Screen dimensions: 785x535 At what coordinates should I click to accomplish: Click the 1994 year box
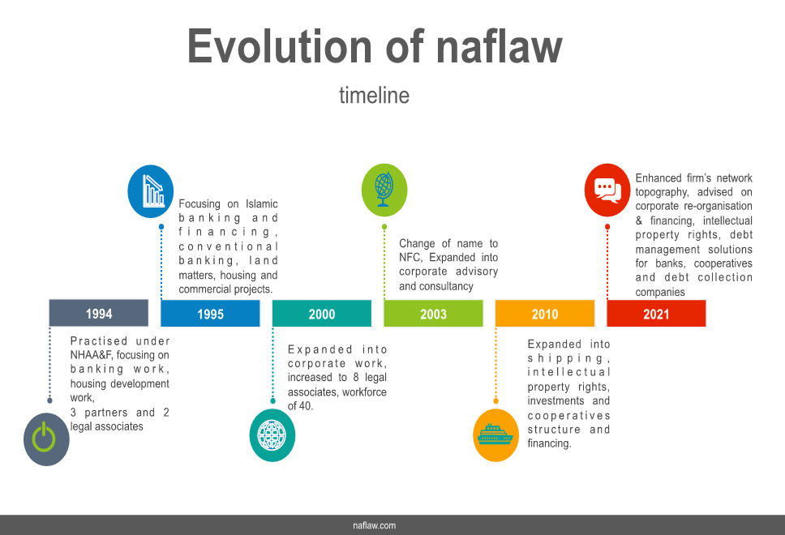point(99,313)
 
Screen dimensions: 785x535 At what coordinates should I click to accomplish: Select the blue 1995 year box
point(210,313)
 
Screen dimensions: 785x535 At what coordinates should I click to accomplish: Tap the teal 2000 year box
point(322,313)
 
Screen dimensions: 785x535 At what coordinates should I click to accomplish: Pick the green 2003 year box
point(434,313)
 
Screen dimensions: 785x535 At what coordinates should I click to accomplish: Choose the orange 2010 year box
point(545,313)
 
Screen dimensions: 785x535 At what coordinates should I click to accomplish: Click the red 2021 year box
point(656,313)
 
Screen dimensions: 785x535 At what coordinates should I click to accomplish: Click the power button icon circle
point(46,439)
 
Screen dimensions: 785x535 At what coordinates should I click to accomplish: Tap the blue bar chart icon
point(151,191)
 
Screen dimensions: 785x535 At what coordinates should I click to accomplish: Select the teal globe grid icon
point(272,435)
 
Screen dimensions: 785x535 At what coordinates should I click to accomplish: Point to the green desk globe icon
point(384,190)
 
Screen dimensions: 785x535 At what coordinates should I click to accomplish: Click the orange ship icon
point(495,435)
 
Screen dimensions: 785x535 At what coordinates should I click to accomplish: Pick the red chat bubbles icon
point(607,190)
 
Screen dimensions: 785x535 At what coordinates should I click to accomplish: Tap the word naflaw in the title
point(500,46)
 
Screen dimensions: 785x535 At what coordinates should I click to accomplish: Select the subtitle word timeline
point(374,95)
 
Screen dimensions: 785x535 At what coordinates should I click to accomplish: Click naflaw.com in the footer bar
point(374,525)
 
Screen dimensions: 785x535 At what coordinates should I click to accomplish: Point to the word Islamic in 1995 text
point(261,203)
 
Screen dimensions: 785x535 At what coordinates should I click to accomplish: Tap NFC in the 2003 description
point(410,257)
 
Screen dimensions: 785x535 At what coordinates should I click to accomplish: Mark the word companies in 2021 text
point(660,293)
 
